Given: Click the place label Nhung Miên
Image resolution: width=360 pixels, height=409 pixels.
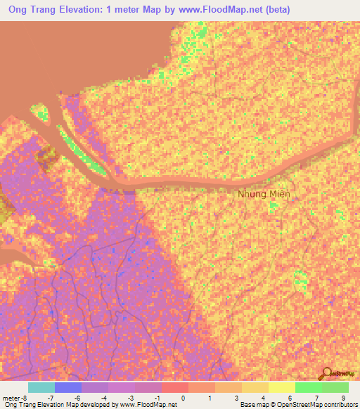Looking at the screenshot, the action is point(264,194).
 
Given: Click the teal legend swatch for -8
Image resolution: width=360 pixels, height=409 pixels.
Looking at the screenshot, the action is point(41,387).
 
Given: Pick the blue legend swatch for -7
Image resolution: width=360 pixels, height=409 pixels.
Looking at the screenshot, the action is point(68,387).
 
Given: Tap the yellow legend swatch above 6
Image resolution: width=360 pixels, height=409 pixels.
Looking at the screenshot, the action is point(282,387).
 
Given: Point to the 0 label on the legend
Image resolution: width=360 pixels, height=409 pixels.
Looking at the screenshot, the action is point(182,398).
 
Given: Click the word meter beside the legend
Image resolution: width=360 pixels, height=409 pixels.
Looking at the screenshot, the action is point(12,398).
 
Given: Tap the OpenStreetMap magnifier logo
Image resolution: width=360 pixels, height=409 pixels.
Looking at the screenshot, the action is point(326,373).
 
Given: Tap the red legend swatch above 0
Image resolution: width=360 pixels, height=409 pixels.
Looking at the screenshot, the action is point(175,387).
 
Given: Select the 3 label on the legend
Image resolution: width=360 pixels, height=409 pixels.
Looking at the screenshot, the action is point(236,398).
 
